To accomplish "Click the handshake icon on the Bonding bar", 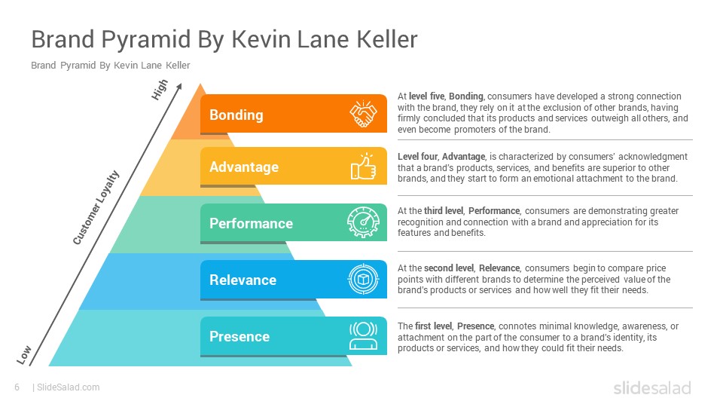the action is click(x=363, y=114).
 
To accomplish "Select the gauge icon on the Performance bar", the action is click(x=363, y=222).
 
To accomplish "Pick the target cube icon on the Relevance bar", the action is click(x=363, y=279).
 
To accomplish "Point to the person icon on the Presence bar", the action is click(x=363, y=335).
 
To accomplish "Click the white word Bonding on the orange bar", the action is click(x=236, y=115).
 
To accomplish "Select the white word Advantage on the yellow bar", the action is click(x=244, y=167).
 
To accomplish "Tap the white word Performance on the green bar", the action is click(x=252, y=223).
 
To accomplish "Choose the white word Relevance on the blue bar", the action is click(x=243, y=280).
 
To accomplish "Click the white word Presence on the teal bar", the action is click(x=239, y=336).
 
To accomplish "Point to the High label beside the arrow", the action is click(x=160, y=90).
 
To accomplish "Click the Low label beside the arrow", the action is click(x=24, y=355).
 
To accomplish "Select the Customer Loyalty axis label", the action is click(x=96, y=207).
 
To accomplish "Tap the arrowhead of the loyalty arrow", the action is click(x=180, y=86).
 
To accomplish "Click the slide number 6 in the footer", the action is click(x=17, y=387).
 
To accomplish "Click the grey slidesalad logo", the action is click(x=652, y=387).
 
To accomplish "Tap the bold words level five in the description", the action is click(x=426, y=96).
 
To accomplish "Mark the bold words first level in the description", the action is click(x=434, y=326).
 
